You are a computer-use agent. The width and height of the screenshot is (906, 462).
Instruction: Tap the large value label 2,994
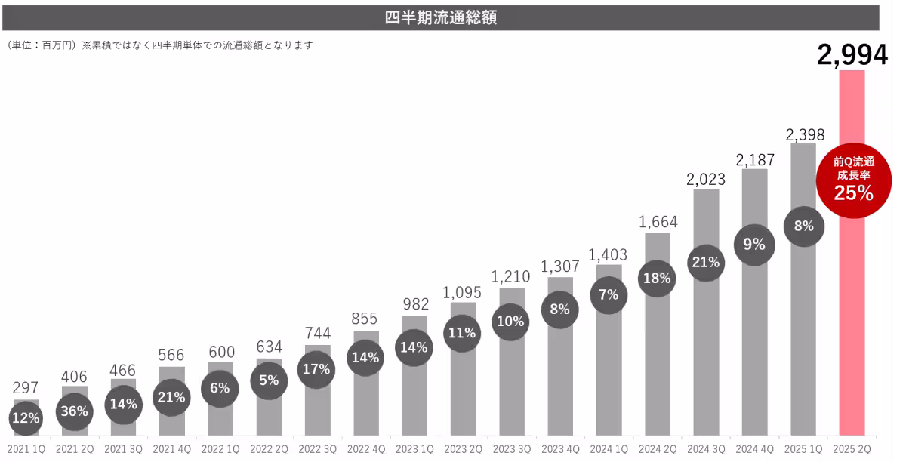852,55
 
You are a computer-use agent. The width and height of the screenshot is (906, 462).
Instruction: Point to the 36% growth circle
75,411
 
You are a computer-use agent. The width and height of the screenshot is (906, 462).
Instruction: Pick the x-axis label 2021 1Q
26,450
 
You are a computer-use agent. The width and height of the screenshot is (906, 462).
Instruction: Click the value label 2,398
803,135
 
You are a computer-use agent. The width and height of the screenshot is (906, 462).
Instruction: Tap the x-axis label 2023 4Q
561,450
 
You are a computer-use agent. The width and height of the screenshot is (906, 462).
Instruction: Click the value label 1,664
658,223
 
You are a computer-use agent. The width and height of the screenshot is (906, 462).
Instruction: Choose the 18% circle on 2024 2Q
656,278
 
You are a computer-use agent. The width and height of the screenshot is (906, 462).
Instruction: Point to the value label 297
26,388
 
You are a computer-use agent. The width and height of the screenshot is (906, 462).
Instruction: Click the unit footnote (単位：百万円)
39,45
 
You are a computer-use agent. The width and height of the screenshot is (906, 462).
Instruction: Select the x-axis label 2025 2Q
852,450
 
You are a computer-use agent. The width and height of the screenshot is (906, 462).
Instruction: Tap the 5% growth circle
269,380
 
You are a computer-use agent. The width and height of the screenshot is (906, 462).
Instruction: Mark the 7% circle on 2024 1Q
609,295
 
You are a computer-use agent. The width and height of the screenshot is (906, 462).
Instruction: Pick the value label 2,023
706,180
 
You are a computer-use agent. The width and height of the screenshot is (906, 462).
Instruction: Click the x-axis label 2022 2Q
269,450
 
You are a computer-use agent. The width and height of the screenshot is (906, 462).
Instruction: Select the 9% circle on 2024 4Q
754,244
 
